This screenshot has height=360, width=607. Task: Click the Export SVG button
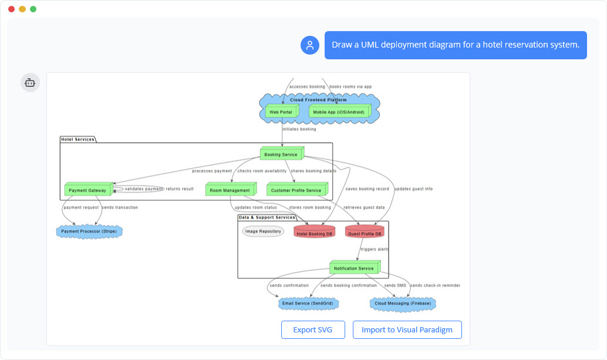pyautogui.click(x=312, y=330)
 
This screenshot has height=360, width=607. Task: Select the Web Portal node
pyautogui.click(x=281, y=112)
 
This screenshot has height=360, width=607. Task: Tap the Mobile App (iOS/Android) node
pyautogui.click(x=338, y=112)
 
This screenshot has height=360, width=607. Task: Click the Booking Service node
pyautogui.click(x=281, y=154)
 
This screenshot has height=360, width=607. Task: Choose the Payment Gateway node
pyautogui.click(x=87, y=190)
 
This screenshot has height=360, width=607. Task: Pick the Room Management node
pyautogui.click(x=230, y=190)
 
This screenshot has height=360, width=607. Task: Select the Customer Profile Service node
pyautogui.click(x=296, y=190)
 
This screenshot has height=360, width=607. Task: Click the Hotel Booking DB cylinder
pyautogui.click(x=314, y=233)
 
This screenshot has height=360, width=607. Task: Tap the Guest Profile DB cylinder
pyautogui.click(x=365, y=233)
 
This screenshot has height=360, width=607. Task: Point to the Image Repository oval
pyautogui.click(x=263, y=231)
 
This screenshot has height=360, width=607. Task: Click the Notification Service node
pyautogui.click(x=353, y=268)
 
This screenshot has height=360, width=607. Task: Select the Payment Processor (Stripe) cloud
pyautogui.click(x=89, y=231)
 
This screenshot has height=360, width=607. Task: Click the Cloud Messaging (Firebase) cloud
pyautogui.click(x=403, y=304)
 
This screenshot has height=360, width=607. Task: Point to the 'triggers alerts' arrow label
pyautogui.click(x=374, y=249)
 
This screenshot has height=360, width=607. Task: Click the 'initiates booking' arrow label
pyautogui.click(x=299, y=129)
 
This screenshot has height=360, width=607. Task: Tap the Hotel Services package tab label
pyautogui.click(x=77, y=139)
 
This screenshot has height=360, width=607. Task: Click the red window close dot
pyautogui.click(x=11, y=9)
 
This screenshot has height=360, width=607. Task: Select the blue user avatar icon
pyautogui.click(x=310, y=45)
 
